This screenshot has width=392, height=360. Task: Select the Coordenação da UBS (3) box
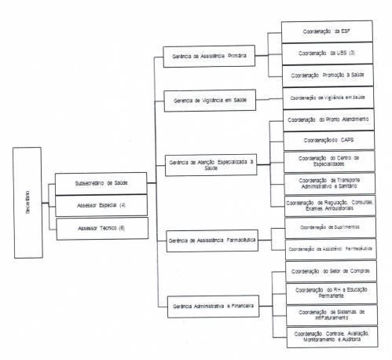tap(327, 54)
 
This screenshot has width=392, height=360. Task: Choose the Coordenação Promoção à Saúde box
tap(327, 75)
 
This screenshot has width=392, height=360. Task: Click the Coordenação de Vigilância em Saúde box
tap(327, 98)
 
